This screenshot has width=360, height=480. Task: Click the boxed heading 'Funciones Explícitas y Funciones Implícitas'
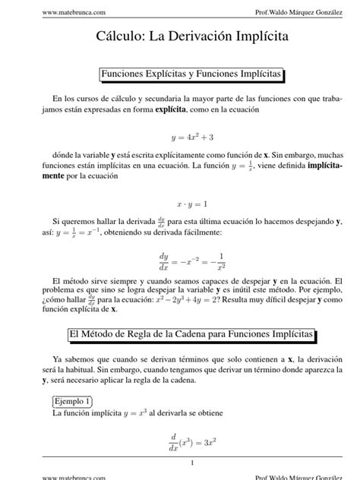pos(191,74)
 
